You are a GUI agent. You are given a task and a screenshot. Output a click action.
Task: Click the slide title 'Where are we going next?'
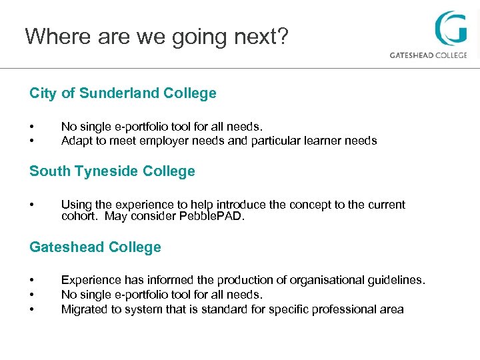click(x=157, y=36)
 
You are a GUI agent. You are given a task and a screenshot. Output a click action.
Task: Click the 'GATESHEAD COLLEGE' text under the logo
click(x=428, y=55)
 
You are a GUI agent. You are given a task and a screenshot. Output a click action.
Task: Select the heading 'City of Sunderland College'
click(x=123, y=93)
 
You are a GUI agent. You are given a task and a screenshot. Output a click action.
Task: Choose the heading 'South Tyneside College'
click(x=112, y=171)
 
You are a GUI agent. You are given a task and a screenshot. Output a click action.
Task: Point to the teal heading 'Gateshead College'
click(x=95, y=247)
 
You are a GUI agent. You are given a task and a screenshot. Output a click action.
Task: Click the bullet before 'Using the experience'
click(x=31, y=205)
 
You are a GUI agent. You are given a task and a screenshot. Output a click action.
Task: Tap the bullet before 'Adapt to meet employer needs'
click(x=31, y=141)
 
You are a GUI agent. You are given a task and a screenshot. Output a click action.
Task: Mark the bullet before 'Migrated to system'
click(x=31, y=309)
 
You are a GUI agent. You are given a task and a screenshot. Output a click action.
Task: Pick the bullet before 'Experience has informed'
click(x=31, y=280)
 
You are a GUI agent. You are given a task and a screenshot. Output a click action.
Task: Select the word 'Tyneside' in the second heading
click(x=97, y=171)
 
